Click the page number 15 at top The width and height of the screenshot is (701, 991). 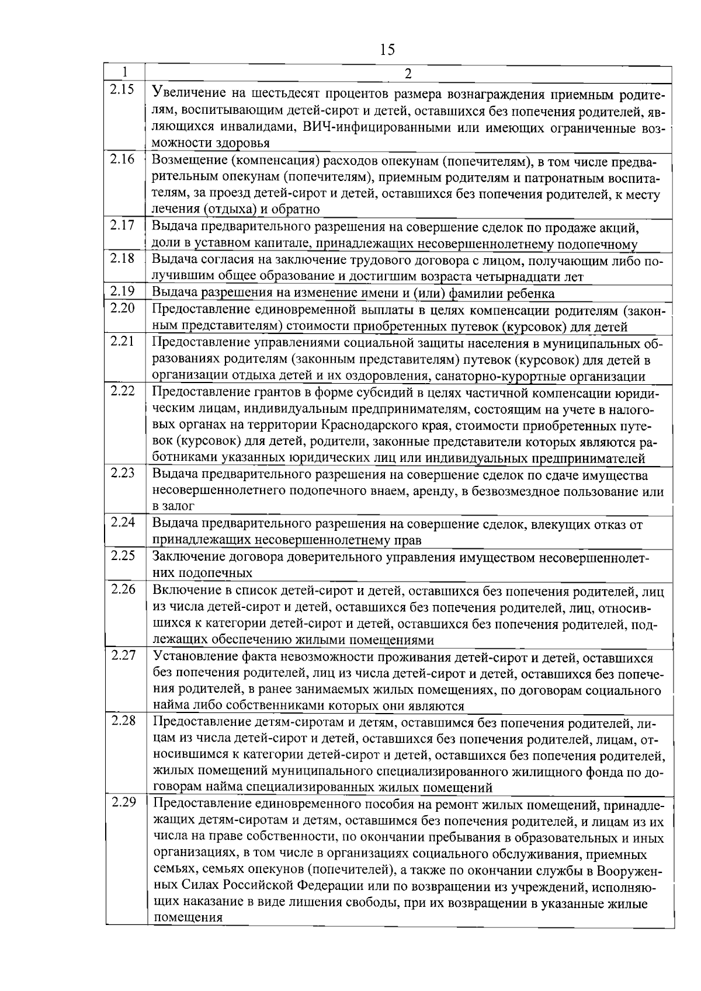click(x=387, y=50)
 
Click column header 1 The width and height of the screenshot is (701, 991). click(x=125, y=72)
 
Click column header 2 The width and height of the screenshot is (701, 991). click(x=408, y=73)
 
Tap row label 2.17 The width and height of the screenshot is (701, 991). click(x=123, y=225)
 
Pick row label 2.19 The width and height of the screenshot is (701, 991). click(x=123, y=291)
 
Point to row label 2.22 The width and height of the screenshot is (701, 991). click(x=123, y=391)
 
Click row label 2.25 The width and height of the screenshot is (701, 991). click(x=123, y=555)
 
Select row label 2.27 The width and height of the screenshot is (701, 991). click(x=123, y=655)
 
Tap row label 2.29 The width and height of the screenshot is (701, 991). click(x=123, y=802)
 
